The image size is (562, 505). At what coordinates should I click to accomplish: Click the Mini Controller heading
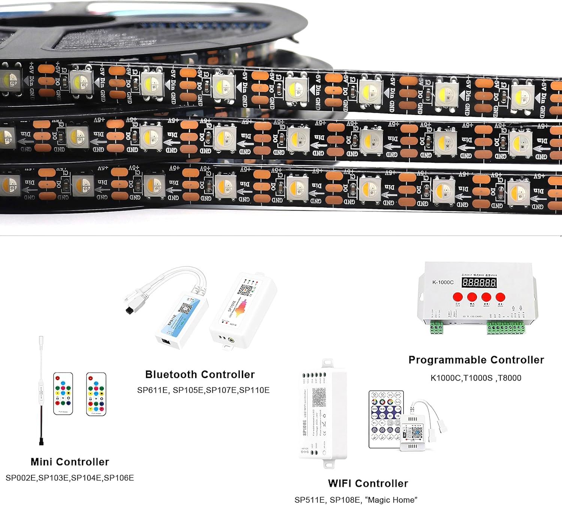click(70, 462)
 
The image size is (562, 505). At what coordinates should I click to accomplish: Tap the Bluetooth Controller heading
click(200, 374)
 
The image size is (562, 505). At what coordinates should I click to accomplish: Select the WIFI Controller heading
click(368, 483)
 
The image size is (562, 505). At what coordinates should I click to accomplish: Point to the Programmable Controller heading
click(476, 360)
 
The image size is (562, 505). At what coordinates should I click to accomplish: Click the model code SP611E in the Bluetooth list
click(152, 390)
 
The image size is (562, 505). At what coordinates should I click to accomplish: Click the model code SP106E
click(119, 478)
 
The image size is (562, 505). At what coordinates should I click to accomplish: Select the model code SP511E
click(309, 500)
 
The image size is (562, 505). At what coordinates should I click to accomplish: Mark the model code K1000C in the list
click(445, 378)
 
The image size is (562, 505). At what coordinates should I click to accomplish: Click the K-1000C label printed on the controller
click(443, 282)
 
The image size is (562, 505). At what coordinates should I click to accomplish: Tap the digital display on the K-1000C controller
click(479, 282)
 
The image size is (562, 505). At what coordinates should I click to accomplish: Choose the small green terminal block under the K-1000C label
click(436, 328)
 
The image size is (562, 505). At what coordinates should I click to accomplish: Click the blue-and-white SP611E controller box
click(182, 318)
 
